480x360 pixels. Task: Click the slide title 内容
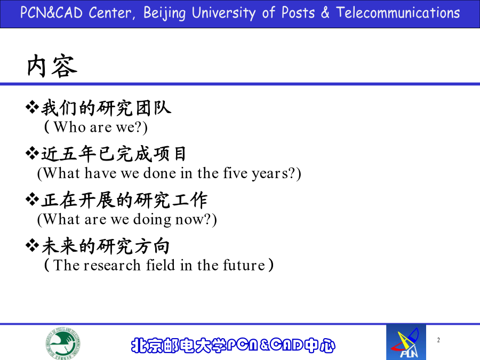point(52,66)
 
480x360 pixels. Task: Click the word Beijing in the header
point(164,13)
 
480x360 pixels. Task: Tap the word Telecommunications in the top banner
point(398,13)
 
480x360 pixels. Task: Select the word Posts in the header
point(298,13)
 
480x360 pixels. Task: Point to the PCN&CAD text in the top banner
point(51,13)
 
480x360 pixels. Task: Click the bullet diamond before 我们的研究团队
point(32,107)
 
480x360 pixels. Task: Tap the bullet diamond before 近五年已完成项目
point(32,153)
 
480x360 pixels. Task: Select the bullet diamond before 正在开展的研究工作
point(32,199)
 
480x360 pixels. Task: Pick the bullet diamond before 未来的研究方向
point(32,245)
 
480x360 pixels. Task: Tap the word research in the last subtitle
point(112,265)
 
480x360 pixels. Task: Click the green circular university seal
point(63,343)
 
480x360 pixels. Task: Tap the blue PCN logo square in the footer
point(406,342)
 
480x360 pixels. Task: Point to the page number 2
point(438,340)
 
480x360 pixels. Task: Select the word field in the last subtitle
point(161,265)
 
